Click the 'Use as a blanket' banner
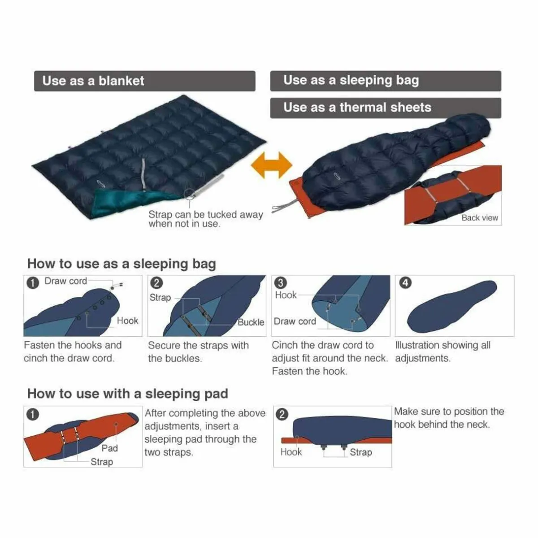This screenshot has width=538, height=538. (x=145, y=81)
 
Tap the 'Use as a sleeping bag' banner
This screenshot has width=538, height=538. (x=386, y=81)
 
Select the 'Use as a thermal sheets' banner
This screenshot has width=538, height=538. (x=386, y=108)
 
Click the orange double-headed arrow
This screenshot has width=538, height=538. (x=271, y=165)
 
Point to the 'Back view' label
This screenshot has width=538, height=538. (x=480, y=217)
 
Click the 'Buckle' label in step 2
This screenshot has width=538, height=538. (x=251, y=322)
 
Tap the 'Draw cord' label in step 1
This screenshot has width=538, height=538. (x=66, y=281)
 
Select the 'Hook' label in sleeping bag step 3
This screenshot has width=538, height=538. (x=286, y=295)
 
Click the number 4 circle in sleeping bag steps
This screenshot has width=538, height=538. (x=405, y=283)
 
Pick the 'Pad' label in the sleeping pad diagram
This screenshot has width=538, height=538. (x=110, y=448)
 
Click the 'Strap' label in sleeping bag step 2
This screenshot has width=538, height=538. (x=160, y=297)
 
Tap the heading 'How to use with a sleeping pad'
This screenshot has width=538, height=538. (x=128, y=394)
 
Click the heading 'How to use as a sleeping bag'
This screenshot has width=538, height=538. (x=121, y=264)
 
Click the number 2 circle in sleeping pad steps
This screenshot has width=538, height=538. (x=282, y=414)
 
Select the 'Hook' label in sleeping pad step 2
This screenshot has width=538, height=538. (x=291, y=452)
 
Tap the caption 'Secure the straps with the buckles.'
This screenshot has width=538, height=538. (x=198, y=352)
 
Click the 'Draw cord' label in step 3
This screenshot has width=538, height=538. (x=295, y=321)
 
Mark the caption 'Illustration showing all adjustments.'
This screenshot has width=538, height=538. (x=443, y=351)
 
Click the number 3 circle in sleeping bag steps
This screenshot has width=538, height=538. (x=281, y=283)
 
